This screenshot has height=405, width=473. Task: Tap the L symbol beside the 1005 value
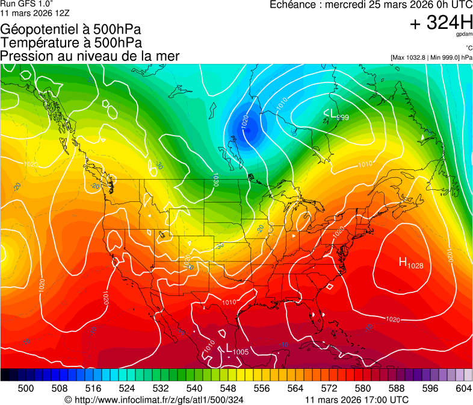[228, 348]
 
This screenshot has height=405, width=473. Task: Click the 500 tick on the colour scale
[26, 388]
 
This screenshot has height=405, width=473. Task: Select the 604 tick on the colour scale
[464, 388]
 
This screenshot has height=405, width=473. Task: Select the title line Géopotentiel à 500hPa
[72, 30]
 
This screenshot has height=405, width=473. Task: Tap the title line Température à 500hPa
[71, 43]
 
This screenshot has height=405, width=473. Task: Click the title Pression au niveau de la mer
[90, 56]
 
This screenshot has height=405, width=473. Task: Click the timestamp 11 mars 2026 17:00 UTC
[357, 400]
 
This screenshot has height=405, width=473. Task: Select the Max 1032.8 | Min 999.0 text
[431, 57]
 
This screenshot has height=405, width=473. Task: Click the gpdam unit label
[464, 35]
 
